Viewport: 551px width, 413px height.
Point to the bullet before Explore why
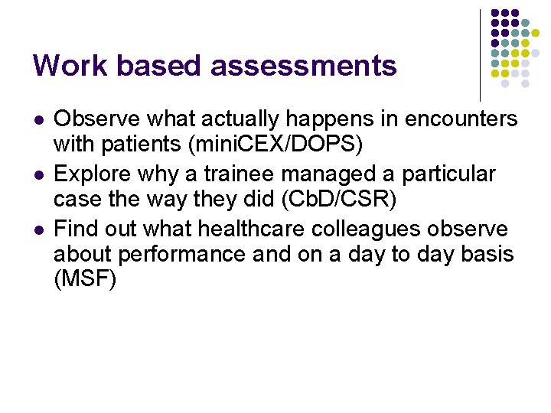tap(37, 175)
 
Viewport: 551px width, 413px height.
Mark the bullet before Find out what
tap(37, 229)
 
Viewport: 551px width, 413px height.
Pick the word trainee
tap(230, 174)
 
